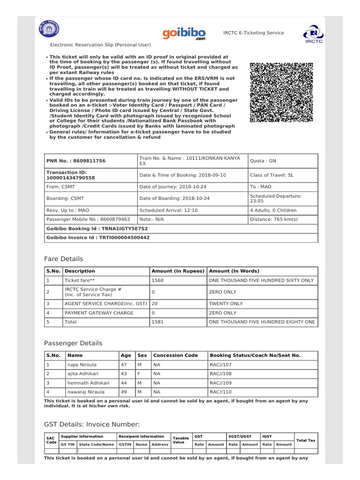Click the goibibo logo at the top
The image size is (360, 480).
coord(184,34)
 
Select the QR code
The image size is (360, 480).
coord(281,92)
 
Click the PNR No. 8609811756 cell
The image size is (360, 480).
coord(75,161)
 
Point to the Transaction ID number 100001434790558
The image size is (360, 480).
coord(70,178)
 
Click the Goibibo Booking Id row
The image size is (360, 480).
coord(181,228)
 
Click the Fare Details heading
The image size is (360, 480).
coord(63,259)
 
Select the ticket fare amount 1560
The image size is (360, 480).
coord(157,280)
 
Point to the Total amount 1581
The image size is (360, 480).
coord(157,322)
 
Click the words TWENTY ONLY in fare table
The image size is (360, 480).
coord(226,304)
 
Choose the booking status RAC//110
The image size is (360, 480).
coord(221,391)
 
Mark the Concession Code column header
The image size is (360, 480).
coord(176,355)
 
